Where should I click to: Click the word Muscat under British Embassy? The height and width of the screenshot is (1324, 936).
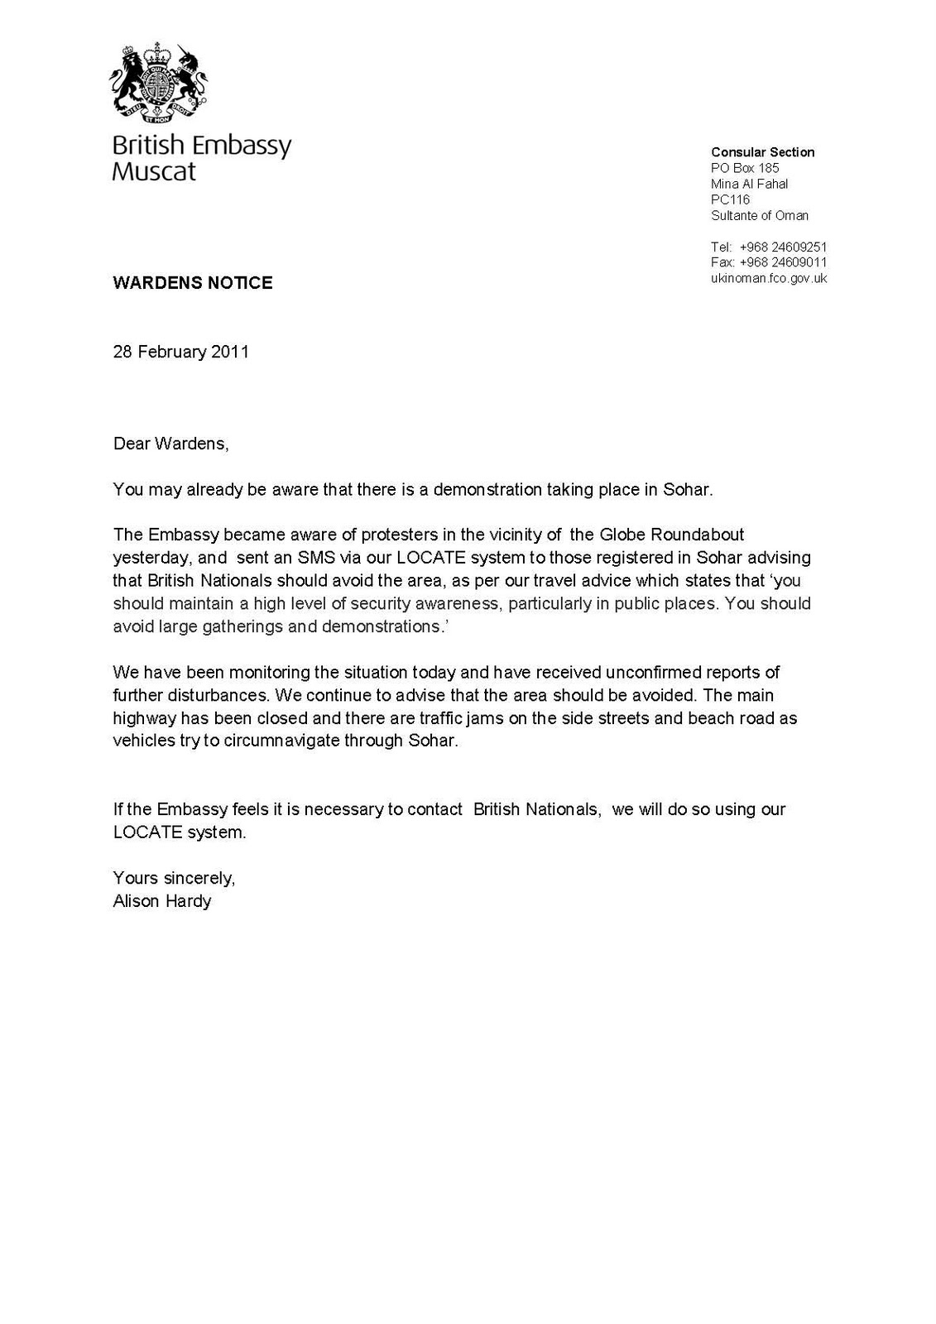tap(154, 172)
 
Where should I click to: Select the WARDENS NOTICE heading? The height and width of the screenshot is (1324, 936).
tap(192, 283)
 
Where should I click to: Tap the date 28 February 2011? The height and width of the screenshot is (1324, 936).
tap(180, 352)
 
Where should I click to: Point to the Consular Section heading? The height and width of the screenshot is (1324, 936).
tap(762, 152)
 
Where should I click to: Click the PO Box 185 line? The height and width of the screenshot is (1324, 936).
tap(744, 168)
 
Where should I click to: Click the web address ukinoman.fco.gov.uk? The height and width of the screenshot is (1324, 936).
tap(768, 278)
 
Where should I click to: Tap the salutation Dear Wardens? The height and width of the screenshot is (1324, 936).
tap(170, 444)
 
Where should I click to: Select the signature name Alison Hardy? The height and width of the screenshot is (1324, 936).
tap(162, 901)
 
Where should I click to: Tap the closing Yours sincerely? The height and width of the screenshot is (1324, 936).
tap(174, 878)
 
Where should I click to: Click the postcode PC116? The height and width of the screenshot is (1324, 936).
tap(730, 199)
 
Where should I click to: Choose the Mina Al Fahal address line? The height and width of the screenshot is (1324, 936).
tap(749, 184)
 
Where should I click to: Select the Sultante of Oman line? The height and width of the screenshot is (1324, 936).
tap(759, 215)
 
